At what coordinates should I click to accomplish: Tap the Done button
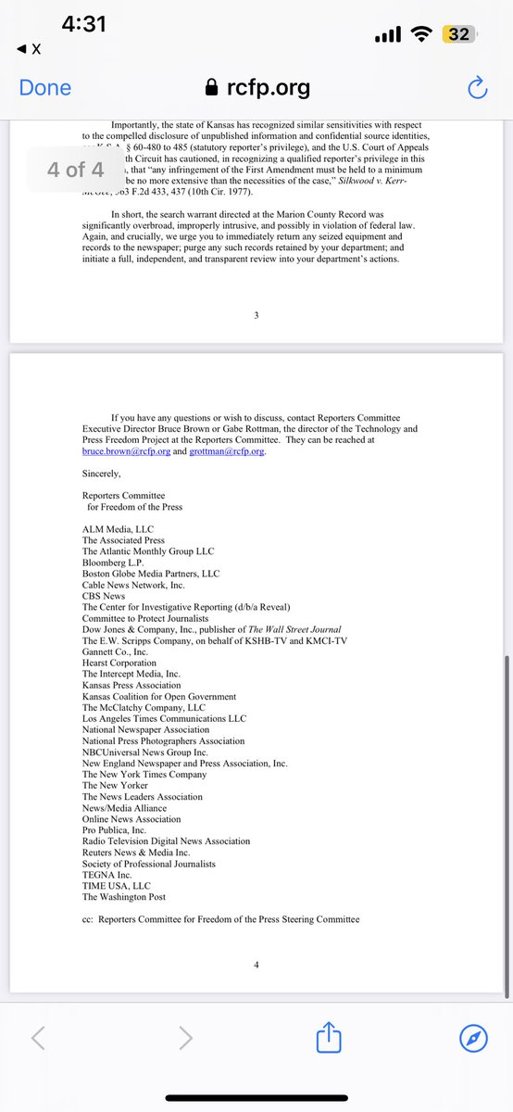[x=45, y=88]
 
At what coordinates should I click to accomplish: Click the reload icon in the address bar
[x=477, y=89]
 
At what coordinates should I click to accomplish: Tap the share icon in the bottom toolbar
[x=330, y=1039]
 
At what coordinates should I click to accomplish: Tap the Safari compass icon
[x=473, y=1039]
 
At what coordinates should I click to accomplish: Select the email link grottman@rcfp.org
[x=226, y=451]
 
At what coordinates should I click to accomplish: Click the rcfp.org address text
[x=268, y=89]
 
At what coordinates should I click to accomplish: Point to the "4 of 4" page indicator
[x=76, y=170]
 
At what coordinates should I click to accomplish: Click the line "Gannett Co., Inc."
[x=115, y=651]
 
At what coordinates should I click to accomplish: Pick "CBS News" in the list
[x=104, y=596]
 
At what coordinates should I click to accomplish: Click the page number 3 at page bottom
[x=256, y=315]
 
